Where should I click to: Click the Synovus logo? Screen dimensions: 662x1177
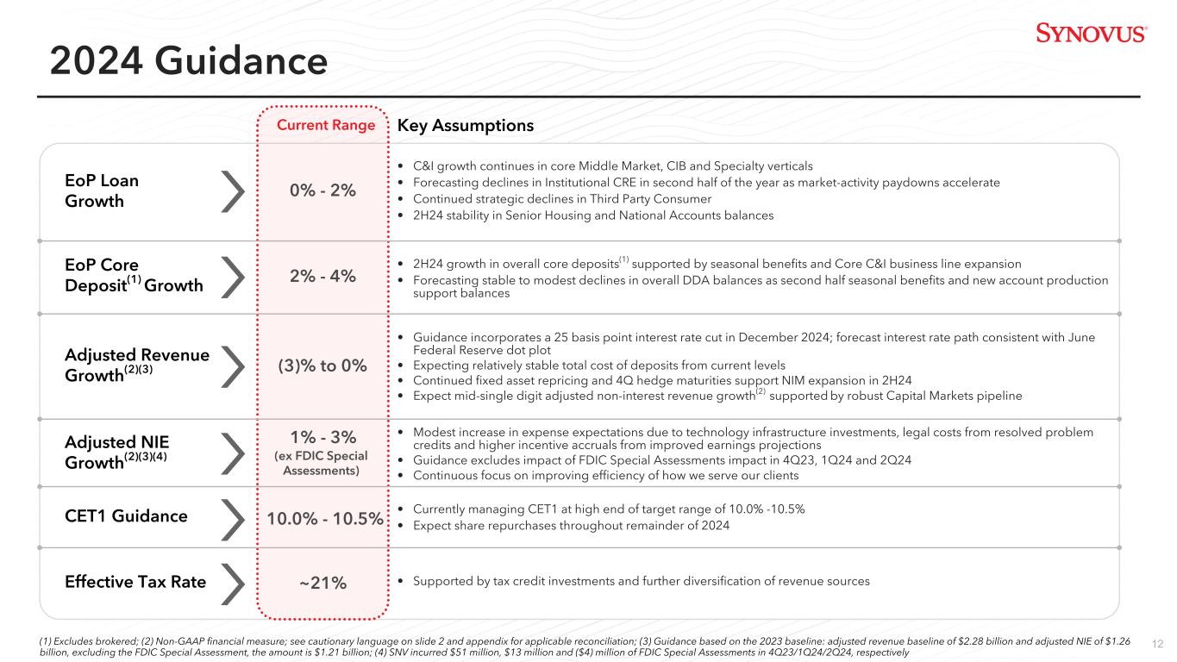[1091, 33]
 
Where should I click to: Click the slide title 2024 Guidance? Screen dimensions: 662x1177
[189, 61]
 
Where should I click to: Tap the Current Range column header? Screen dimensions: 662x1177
[326, 126]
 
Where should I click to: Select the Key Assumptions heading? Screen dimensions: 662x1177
[466, 126]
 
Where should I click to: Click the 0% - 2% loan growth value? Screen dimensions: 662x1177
[323, 190]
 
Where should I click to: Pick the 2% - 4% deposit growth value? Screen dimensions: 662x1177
[323, 276]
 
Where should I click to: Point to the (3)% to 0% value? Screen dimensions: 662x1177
[323, 365]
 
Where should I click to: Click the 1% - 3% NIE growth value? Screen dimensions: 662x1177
[323, 435]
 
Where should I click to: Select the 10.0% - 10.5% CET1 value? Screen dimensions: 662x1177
[325, 517]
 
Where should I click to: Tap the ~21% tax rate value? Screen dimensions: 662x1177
[323, 583]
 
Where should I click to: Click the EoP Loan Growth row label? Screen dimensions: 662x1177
[102, 190]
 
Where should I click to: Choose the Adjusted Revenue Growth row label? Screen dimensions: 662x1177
[137, 365]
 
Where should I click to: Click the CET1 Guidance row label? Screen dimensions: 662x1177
[126, 516]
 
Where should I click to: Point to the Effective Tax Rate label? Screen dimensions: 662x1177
[135, 582]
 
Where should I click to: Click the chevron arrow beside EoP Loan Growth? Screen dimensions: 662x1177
[234, 190]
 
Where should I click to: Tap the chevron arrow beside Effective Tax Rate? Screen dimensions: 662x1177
[234, 582]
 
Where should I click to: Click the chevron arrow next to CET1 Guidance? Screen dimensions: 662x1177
[234, 516]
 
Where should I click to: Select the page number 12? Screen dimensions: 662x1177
[1158, 644]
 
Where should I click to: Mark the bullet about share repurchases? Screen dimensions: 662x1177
[571, 526]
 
